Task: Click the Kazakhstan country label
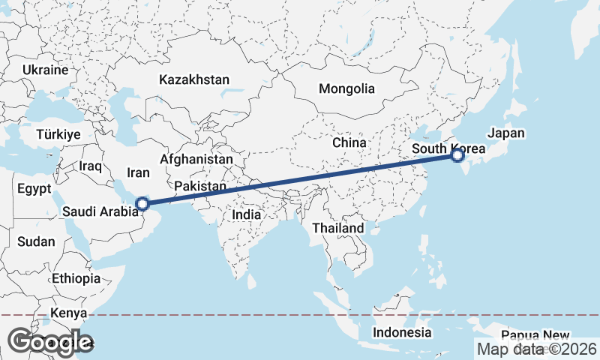[194, 79]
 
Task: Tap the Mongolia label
[346, 88]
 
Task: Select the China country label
[349, 142]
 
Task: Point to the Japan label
[506, 133]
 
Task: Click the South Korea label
[448, 148]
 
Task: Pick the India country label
[246, 214]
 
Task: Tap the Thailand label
[338, 227]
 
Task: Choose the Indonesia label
[402, 332]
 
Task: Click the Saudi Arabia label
[100, 211]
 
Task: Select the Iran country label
[139, 172]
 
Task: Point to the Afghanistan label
[196, 160]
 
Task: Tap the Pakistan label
[200, 186]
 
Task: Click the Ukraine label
[46, 70]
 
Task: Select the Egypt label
[34, 187]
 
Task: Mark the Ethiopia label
[76, 278]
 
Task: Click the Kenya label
[70, 313]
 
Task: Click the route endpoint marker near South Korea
[457, 155]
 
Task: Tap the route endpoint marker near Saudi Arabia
[142, 202]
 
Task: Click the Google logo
[50, 341]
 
